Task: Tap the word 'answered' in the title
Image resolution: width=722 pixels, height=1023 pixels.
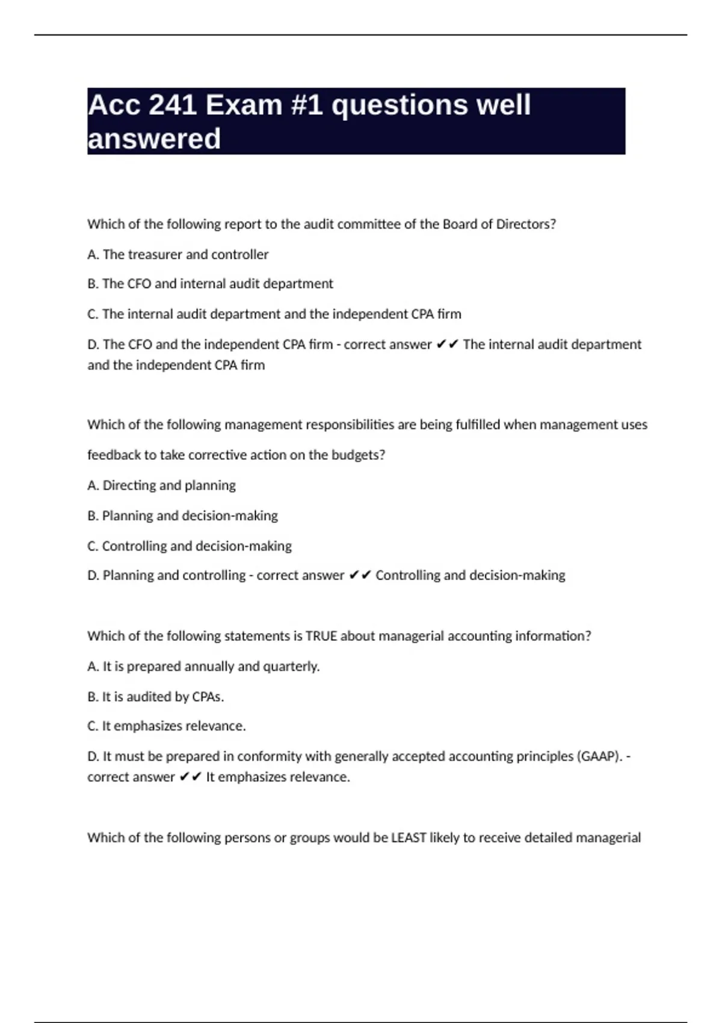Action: pyautogui.click(x=154, y=139)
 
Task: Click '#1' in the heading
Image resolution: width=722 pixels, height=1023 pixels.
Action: pyautogui.click(x=307, y=105)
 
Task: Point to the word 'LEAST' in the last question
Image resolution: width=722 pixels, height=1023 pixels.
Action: pyautogui.click(x=409, y=838)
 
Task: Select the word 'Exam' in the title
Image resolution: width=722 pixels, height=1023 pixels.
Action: pyautogui.click(x=244, y=105)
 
